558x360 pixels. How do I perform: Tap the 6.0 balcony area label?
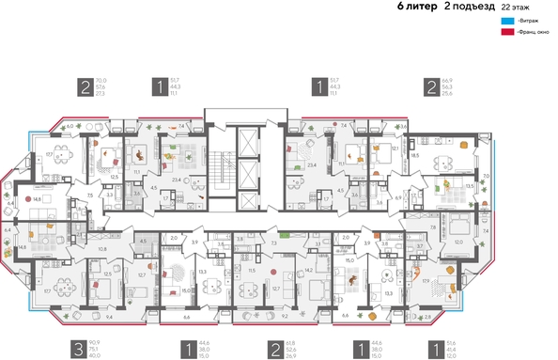point(69,125)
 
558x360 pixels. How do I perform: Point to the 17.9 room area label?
point(426,280)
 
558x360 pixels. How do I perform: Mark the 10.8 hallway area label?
point(102,249)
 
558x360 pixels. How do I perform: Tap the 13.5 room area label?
point(469,186)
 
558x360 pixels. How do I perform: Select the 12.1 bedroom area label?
point(395,148)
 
